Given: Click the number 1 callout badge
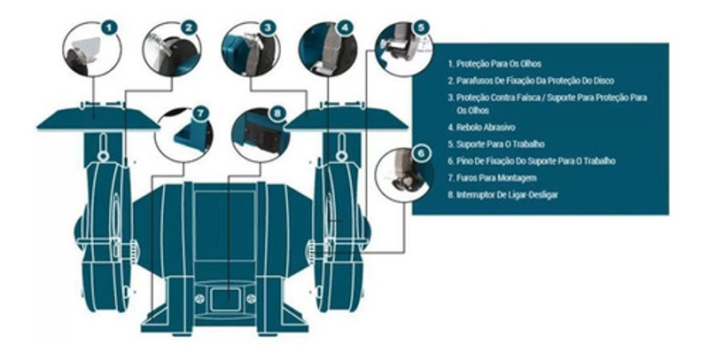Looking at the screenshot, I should coord(110,27).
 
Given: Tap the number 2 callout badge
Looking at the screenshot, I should coord(189,27).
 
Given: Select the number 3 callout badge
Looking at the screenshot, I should coord(268,27).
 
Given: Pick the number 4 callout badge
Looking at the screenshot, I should coord(345,27).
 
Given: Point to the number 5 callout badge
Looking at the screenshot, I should coord(422,27).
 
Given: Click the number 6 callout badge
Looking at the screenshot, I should coord(422,153).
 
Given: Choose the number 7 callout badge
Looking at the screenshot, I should coord(201,113).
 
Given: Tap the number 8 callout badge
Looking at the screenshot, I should coord(277,113).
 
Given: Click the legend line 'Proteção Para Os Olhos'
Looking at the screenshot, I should coord(506,64).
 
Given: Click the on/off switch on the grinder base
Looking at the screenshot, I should coord(225,299).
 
